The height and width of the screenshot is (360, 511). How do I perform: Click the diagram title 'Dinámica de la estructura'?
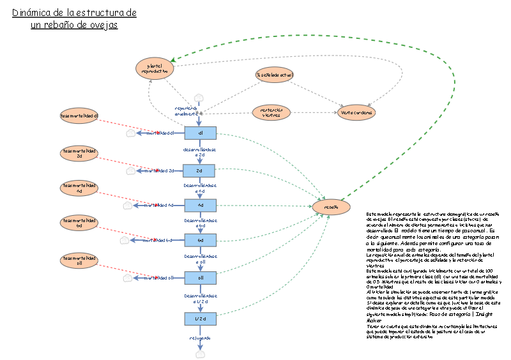point(74,13)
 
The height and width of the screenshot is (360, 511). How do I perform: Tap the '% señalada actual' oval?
point(275,75)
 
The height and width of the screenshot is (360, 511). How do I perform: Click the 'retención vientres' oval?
point(271,112)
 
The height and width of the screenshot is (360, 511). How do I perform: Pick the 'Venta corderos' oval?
point(357,112)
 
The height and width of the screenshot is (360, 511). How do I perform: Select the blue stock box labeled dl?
point(201,133)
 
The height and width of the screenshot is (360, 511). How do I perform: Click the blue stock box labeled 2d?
point(199,170)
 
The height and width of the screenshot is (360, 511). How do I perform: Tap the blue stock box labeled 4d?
point(201,205)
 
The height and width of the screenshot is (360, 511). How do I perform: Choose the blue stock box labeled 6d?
point(201,240)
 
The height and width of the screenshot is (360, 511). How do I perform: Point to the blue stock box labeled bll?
point(201,278)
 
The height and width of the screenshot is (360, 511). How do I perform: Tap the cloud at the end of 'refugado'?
point(201,353)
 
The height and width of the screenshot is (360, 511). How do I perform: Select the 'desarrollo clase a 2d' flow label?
point(199,152)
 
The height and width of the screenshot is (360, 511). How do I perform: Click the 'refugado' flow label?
point(199,338)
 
